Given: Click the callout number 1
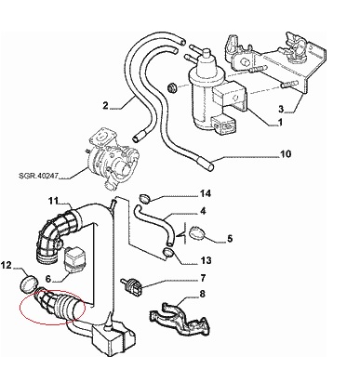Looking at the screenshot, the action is coord(280,123).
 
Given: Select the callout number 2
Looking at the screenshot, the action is coord(105,106).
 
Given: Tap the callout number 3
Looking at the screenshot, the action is coord(281,109).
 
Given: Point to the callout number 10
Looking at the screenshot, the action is coord(286,153).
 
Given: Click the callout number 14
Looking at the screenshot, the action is coord(206,193).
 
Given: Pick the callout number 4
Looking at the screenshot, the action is coord(203,211).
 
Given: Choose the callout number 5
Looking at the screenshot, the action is coord(230,239).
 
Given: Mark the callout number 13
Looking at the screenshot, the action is coord(206,260).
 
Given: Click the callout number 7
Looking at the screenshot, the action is coord(203,278).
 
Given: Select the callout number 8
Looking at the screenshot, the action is coord(203,293).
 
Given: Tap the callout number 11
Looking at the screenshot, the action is coord(53,201).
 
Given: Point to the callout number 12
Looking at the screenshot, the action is coord(6,265).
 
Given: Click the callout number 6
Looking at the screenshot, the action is coord(47,279).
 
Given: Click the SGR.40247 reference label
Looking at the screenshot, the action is coord(38,176).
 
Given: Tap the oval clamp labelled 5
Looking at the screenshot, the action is coord(197,233).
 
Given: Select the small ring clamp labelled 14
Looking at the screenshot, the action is coord(144,198).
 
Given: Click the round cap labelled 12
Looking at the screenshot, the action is coord(29,283).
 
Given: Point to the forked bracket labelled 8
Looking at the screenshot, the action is coord(181,320).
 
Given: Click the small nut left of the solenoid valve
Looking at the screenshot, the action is coord(171,88).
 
